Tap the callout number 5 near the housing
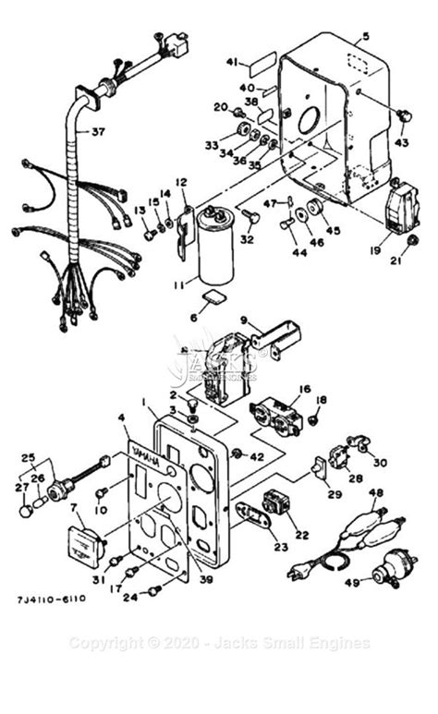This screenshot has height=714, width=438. (365, 37)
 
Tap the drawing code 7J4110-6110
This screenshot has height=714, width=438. (51, 599)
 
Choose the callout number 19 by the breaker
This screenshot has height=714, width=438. (374, 248)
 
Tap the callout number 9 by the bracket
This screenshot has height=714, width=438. (246, 321)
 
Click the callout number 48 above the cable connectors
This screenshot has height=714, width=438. (375, 493)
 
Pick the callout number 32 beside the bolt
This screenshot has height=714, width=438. (245, 239)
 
